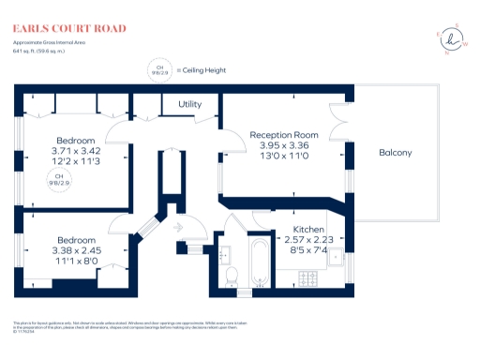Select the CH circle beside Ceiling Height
tap(159, 69)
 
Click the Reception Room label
tap(284, 135)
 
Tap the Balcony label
tap(395, 152)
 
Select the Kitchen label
tap(308, 230)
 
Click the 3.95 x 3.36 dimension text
tap(284, 145)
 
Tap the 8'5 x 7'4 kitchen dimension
tap(308, 250)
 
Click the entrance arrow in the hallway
tap(180, 226)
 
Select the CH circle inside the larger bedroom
tap(59, 180)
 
